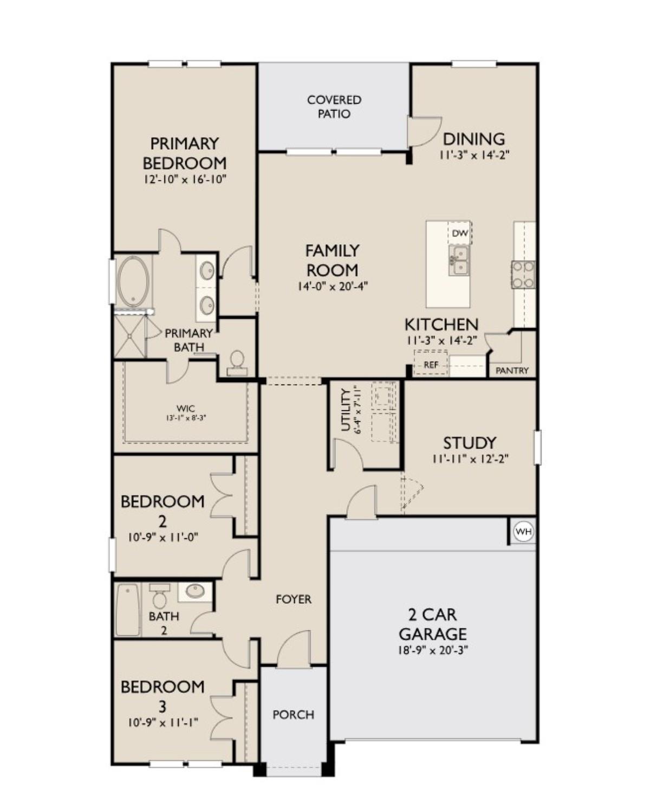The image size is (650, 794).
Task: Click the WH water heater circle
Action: (x=523, y=532)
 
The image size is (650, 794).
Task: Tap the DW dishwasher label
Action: (x=459, y=233)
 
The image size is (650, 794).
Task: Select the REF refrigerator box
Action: (x=431, y=364)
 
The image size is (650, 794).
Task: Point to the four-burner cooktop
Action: (x=523, y=275)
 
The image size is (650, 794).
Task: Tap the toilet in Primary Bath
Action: (x=237, y=363)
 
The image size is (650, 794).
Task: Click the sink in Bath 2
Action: (x=195, y=591)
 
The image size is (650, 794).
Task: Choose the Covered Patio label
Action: (x=334, y=107)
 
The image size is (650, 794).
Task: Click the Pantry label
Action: (x=512, y=371)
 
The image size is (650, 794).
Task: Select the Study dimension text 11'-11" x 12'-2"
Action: (x=471, y=459)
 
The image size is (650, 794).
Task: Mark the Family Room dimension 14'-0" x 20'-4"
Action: (x=333, y=287)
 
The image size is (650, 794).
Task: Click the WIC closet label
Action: (x=186, y=408)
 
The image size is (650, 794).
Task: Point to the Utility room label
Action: (x=345, y=410)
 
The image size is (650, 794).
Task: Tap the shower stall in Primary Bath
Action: (x=129, y=336)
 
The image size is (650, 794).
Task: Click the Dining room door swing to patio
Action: (x=425, y=131)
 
